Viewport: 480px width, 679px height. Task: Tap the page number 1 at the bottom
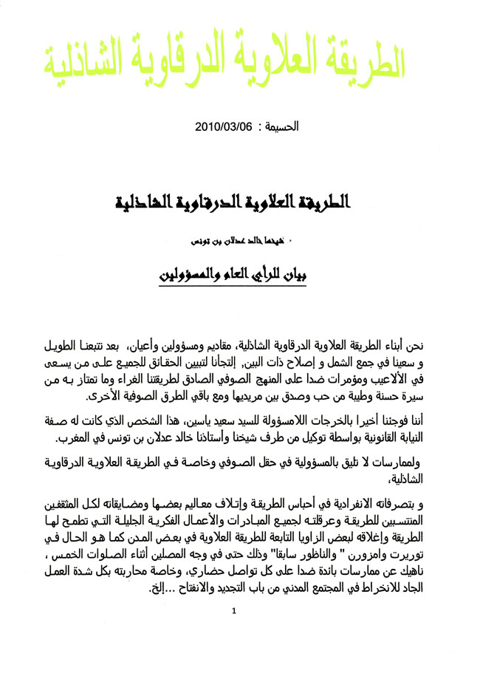233,632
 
